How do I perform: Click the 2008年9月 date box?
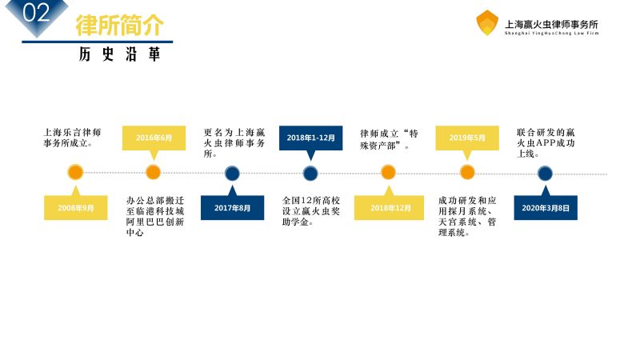click(75, 207)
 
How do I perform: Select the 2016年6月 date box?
click(154, 138)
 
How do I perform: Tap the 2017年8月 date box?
click(232, 207)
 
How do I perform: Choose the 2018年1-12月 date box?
click(310, 138)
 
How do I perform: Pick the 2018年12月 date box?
click(389, 207)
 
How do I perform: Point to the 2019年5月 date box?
click(467, 138)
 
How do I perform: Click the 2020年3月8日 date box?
click(545, 207)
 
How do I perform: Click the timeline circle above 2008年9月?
click(75, 172)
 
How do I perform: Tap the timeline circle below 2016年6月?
click(154, 172)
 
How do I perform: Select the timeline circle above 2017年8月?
click(232, 172)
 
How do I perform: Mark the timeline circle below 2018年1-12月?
click(310, 172)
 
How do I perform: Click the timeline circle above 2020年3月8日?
click(545, 172)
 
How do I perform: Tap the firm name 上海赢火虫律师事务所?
click(551, 23)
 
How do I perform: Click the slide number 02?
click(34, 14)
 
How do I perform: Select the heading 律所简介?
click(119, 25)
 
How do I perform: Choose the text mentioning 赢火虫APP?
click(546, 142)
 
